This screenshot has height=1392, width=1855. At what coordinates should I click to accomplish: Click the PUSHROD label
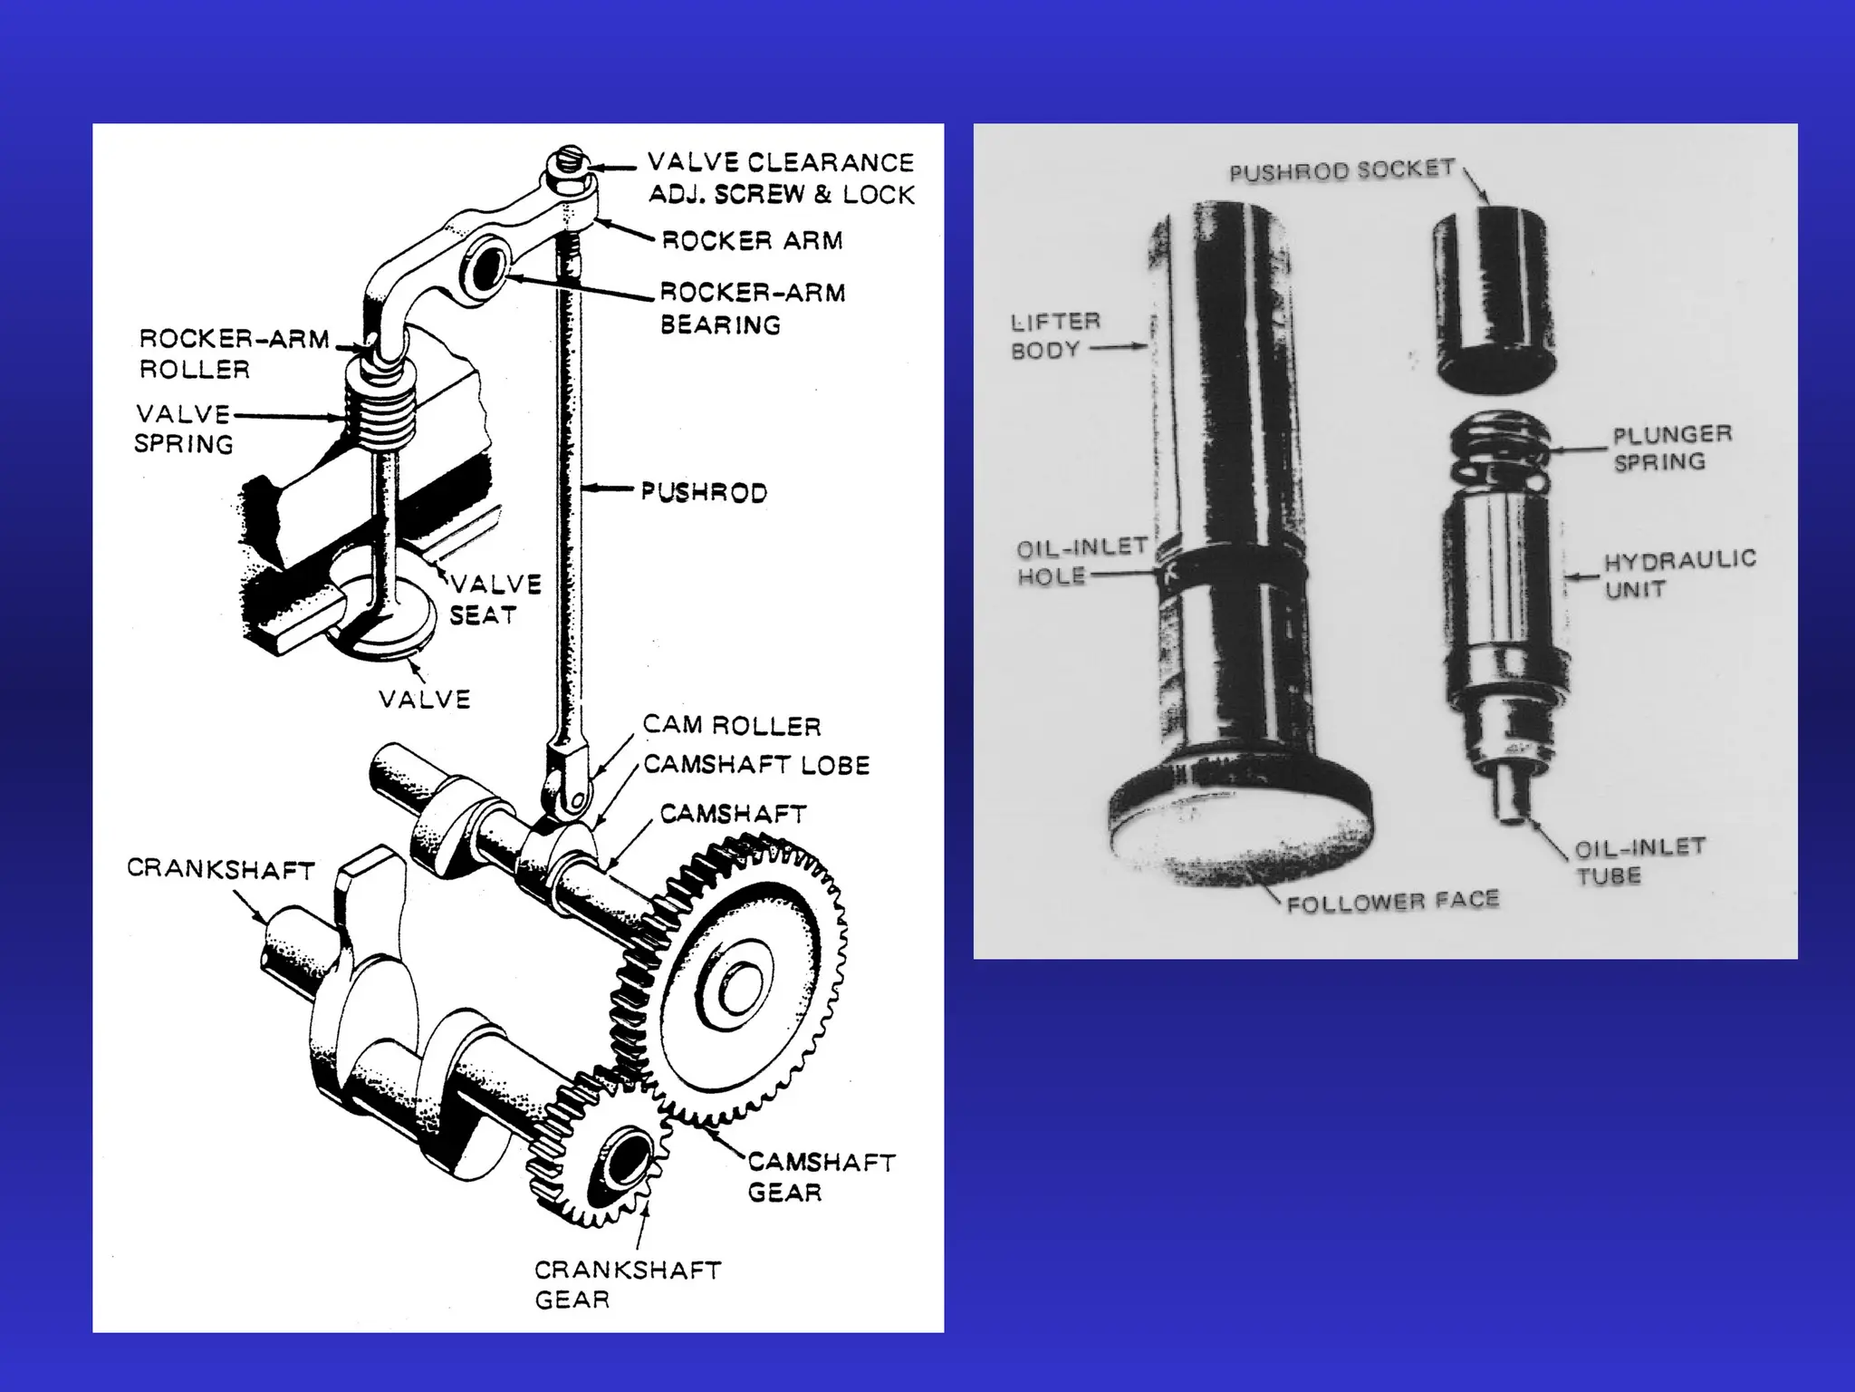pyautogui.click(x=704, y=492)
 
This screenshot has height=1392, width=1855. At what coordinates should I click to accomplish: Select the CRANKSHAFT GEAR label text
pyautogui.click(x=627, y=1284)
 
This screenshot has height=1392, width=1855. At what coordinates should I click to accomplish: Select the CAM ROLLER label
pyautogui.click(x=732, y=725)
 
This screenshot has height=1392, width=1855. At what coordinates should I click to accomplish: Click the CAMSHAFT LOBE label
pyautogui.click(x=756, y=765)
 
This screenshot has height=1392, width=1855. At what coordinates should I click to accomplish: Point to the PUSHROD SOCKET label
pyautogui.click(x=1341, y=171)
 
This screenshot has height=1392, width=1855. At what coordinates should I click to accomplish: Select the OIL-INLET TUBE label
pyautogui.click(x=1639, y=862)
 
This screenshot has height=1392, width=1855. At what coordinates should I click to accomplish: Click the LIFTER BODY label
pyautogui.click(x=1055, y=335)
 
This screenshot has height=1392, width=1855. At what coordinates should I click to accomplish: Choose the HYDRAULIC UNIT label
pyautogui.click(x=1679, y=574)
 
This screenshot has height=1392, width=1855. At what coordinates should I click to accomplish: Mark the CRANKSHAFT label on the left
pyautogui.click(x=220, y=868)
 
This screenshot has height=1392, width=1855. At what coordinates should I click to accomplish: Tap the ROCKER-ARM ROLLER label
pyautogui.click(x=234, y=353)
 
